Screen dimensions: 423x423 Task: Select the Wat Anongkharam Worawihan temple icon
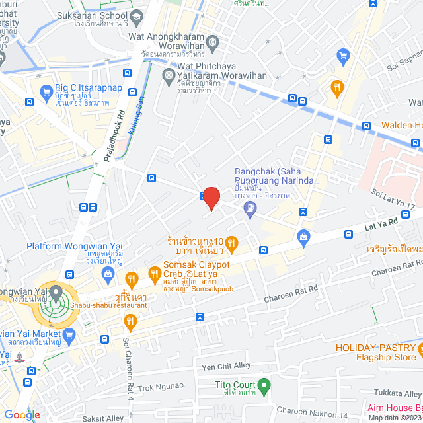(212, 44)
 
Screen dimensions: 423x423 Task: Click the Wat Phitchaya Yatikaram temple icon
(169, 71)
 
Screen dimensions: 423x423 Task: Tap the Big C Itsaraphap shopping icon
(46, 91)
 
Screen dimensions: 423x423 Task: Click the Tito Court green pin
(264, 384)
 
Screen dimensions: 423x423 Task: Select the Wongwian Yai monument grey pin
(56, 291)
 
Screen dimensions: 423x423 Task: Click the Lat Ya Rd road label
(381, 227)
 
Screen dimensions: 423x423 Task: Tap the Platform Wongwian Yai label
(74, 247)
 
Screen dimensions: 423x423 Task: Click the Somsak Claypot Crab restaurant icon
(153, 271)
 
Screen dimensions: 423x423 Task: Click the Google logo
(22, 415)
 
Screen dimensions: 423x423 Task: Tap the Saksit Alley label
(103, 418)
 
